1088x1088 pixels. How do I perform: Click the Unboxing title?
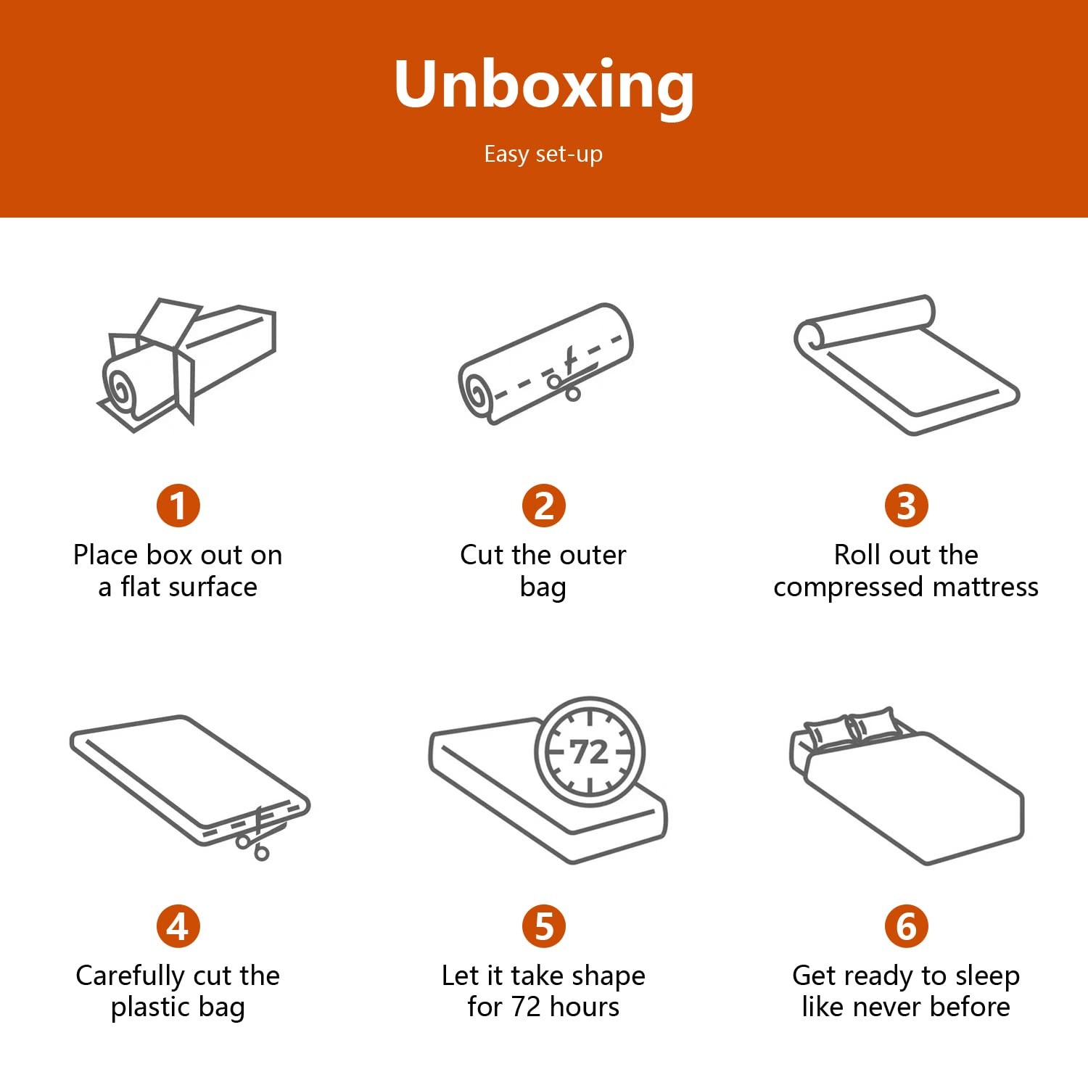tap(544, 86)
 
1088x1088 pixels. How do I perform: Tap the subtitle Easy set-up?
tap(543, 154)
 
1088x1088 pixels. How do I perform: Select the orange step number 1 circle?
tap(178, 506)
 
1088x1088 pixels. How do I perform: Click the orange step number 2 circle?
tap(544, 506)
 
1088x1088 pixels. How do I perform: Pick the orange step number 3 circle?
tap(907, 506)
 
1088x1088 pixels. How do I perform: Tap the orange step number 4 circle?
tap(178, 926)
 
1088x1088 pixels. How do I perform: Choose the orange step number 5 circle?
tap(544, 926)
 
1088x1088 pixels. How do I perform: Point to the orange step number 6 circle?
tap(907, 926)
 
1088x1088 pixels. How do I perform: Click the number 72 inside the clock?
tap(589, 752)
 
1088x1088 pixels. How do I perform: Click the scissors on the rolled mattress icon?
tap(568, 373)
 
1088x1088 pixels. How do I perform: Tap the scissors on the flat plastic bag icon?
tap(254, 834)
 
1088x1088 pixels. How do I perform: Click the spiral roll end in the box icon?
tap(120, 390)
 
